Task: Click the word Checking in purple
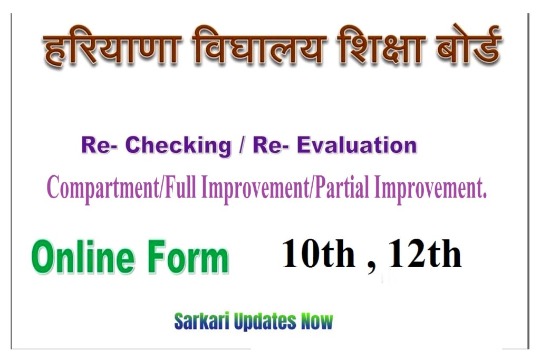[178, 145]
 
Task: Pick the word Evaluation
[357, 145]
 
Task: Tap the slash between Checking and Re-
[242, 145]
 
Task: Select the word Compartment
[103, 188]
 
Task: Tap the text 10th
[319, 253]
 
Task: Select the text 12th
[425, 253]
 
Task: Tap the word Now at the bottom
[317, 322]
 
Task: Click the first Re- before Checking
[100, 145]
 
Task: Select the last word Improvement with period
[430, 188]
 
